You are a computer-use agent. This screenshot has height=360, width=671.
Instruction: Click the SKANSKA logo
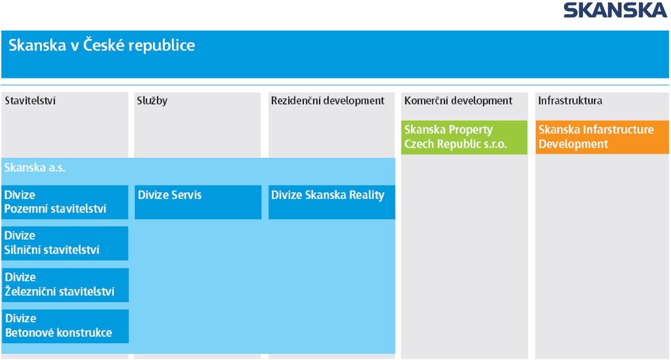pyautogui.click(x=615, y=10)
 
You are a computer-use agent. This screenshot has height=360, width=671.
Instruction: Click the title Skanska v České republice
pyautogui.click(x=102, y=45)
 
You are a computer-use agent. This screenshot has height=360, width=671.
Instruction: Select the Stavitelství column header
pyautogui.click(x=30, y=101)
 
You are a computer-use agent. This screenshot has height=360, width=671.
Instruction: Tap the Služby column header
pyautogui.click(x=152, y=101)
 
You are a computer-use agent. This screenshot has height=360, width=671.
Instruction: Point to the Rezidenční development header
pyautogui.click(x=328, y=101)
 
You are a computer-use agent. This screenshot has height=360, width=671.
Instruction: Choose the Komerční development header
pyautogui.click(x=458, y=101)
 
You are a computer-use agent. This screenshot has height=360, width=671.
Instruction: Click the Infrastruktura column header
pyautogui.click(x=570, y=101)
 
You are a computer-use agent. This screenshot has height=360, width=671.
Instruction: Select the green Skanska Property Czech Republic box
pyautogui.click(x=464, y=137)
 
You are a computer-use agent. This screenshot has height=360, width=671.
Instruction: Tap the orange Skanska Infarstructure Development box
pyautogui.click(x=602, y=137)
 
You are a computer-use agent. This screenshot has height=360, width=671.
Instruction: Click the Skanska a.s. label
pyautogui.click(x=35, y=167)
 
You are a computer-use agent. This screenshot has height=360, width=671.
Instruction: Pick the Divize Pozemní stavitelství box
pyautogui.click(x=64, y=202)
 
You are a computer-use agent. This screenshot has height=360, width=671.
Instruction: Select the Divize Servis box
pyautogui.click(x=198, y=202)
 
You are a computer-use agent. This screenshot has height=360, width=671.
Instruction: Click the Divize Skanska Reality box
pyautogui.click(x=331, y=202)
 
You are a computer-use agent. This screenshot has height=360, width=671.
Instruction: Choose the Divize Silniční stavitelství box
pyautogui.click(x=64, y=243)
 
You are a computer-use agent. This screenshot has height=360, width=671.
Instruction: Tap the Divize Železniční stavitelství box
pyautogui.click(x=65, y=285)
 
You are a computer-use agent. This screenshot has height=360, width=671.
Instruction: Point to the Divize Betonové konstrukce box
pyautogui.click(x=65, y=326)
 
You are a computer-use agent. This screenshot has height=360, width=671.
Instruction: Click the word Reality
pyautogui.click(x=367, y=196)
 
